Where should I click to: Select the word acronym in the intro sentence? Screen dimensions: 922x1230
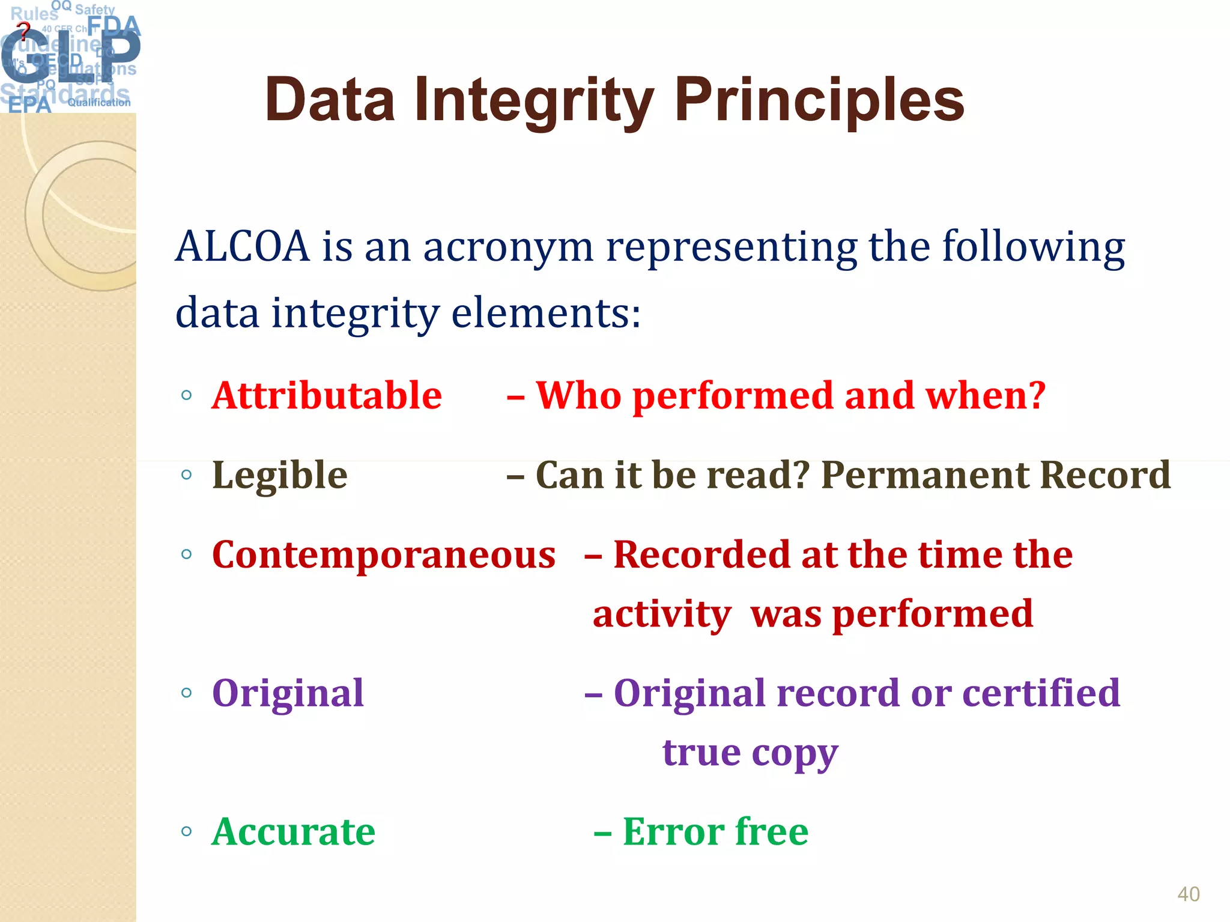(x=508, y=247)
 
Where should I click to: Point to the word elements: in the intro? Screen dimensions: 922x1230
(x=545, y=313)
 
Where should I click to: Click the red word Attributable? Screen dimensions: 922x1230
(x=327, y=396)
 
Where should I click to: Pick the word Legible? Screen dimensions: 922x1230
(x=280, y=475)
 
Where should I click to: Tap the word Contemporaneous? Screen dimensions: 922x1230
(x=384, y=554)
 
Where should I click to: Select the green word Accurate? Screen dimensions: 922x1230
(x=293, y=832)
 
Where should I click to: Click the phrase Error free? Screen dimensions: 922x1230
(x=715, y=832)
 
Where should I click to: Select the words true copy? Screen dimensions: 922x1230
(x=750, y=753)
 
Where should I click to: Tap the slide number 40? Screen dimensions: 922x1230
(x=1188, y=894)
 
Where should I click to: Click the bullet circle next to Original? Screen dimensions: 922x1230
(x=186, y=693)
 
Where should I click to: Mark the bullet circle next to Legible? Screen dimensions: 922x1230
(x=186, y=475)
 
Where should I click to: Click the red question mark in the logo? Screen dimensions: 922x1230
(x=23, y=29)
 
